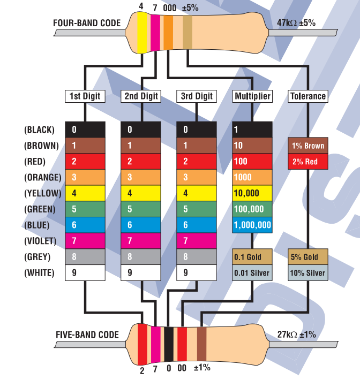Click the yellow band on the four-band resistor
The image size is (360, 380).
pos(142,33)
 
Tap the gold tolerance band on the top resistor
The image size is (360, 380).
pos(187,32)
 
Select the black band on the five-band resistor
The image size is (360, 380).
pos(169,344)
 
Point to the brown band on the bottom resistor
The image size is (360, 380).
pos(201,344)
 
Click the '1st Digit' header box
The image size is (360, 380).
pos(85,96)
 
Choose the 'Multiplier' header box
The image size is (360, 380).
pos(252,96)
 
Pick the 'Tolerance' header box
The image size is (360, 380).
pos(308,96)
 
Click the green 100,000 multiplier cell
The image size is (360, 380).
pos(252,209)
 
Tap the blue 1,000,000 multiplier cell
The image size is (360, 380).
pos(252,225)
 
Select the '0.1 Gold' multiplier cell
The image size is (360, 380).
pos(252,257)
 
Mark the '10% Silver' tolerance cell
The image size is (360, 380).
pos(308,272)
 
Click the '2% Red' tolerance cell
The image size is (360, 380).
pos(308,162)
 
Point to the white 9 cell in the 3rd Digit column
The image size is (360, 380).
pos(197,272)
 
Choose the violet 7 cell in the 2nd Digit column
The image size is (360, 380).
pos(141,241)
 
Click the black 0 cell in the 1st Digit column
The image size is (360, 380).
pos(85,130)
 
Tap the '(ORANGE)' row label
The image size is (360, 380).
pos(43,177)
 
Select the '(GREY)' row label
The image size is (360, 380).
pos(37,257)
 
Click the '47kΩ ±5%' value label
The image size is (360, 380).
pos(296,23)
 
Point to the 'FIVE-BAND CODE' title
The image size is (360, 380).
pos(87,335)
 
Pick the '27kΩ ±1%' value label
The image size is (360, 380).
pos(296,335)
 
